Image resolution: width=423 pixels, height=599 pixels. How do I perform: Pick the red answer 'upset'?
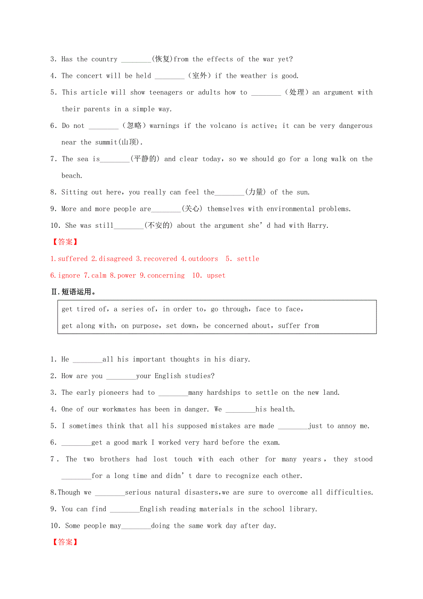click(216, 276)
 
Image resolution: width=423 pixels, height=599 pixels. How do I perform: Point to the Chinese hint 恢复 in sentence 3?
click(163, 59)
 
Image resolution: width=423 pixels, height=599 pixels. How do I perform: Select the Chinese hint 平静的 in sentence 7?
click(145, 159)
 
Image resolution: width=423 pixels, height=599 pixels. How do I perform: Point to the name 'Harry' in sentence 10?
click(317, 226)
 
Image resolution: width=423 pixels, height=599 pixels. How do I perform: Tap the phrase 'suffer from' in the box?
click(298, 326)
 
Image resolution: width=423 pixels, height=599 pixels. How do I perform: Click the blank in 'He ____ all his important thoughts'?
click(87, 360)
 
